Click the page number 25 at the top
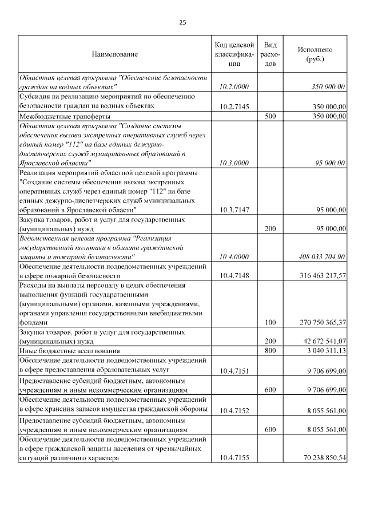(x=182, y=23)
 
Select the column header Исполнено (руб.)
(x=315, y=54)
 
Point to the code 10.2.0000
(x=234, y=86)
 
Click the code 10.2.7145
(x=234, y=106)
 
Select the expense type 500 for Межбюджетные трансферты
(x=270, y=116)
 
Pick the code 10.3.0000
(x=234, y=163)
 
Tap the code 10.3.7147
(x=234, y=211)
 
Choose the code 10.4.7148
(x=234, y=276)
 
